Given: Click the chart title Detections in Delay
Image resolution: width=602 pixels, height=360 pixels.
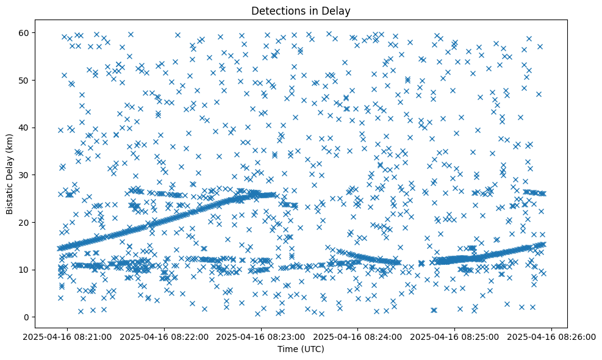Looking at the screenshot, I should click(301, 11).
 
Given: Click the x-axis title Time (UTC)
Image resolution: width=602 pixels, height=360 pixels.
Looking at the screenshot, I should click(301, 349).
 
